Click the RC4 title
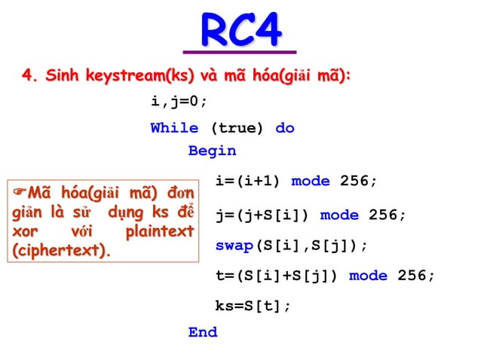[240, 31]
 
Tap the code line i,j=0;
[179, 102]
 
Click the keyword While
[174, 128]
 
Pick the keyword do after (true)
[285, 128]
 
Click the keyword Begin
[212, 151]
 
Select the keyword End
[203, 332]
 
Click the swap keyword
[234, 246]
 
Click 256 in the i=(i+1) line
[358, 181]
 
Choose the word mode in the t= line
[368, 276]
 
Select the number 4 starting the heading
[27, 76]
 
